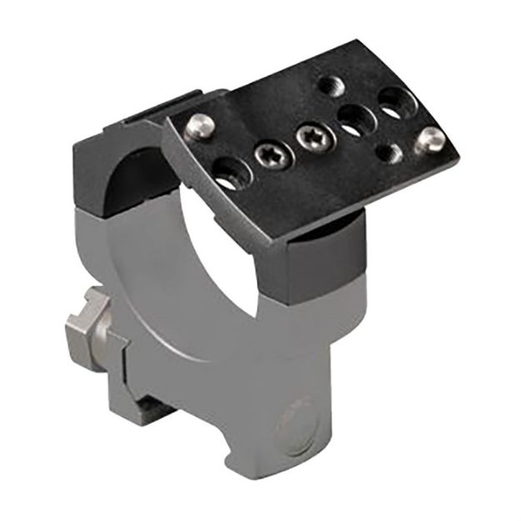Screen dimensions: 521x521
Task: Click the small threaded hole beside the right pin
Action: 388,153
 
